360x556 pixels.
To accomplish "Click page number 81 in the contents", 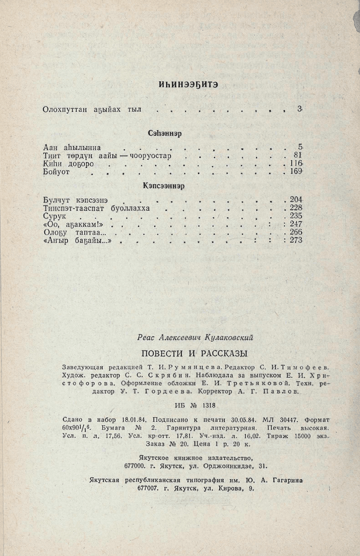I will click(x=297, y=155).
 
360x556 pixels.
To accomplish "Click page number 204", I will click(x=296, y=200).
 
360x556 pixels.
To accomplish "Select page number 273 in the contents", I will click(x=296, y=240).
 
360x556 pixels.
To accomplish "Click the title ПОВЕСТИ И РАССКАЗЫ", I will click(x=195, y=353).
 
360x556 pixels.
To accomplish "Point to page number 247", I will click(x=296, y=224).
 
